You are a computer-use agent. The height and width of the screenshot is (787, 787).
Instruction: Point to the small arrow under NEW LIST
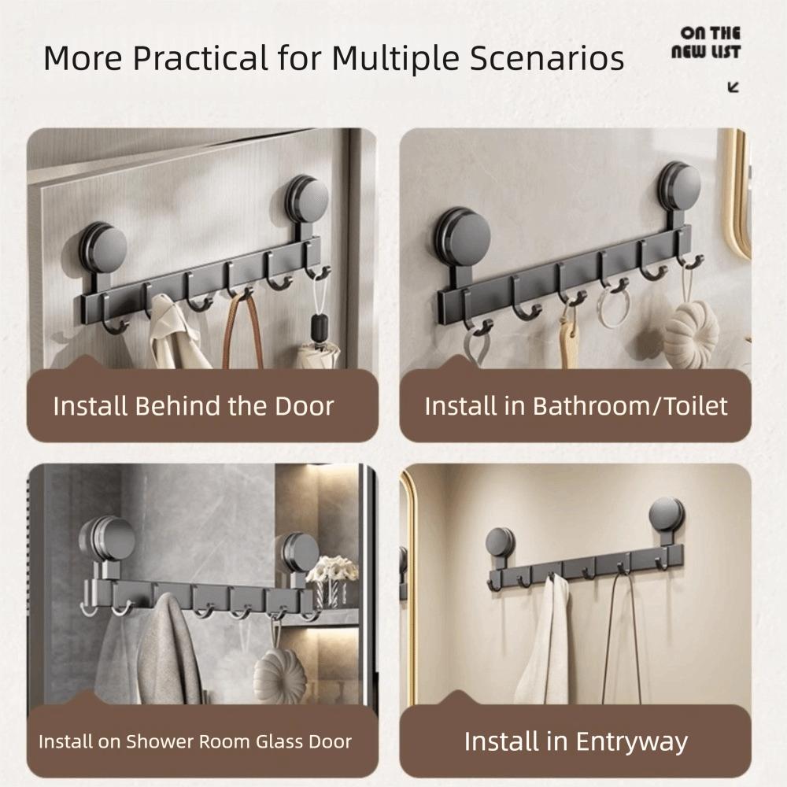(x=733, y=87)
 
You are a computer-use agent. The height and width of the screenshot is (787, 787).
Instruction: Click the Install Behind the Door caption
(x=194, y=406)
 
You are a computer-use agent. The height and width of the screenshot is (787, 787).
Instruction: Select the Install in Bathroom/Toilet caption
(x=575, y=406)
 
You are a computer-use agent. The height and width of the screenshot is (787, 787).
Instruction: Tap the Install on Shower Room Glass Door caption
(x=195, y=741)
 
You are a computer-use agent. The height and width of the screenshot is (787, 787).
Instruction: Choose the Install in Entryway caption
(x=575, y=741)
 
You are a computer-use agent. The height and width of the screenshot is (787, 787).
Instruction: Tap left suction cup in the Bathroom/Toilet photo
(x=463, y=237)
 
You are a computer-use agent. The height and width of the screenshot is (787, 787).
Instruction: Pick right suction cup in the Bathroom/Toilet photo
(x=679, y=187)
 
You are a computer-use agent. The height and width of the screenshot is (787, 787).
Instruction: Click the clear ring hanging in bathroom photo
(x=613, y=309)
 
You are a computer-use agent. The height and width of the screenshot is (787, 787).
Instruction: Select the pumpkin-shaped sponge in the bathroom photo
(x=691, y=334)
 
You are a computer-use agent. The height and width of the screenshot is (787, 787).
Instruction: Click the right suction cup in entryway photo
(x=667, y=515)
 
